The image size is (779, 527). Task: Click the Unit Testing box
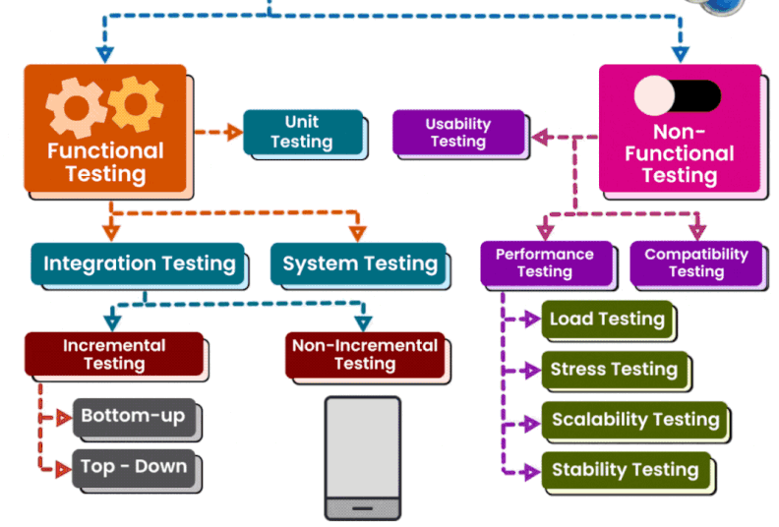click(x=302, y=133)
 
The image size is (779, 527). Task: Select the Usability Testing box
click(x=457, y=133)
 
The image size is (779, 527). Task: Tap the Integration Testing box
click(x=139, y=263)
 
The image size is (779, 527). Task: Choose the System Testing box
click(x=359, y=263)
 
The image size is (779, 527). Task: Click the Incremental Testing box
click(x=114, y=355)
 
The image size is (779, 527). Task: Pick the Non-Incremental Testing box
click(x=364, y=355)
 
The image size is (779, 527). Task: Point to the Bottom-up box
click(x=135, y=417)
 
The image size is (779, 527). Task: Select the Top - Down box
click(x=135, y=467)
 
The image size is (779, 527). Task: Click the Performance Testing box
click(x=544, y=263)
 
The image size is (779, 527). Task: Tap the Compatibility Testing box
click(x=695, y=263)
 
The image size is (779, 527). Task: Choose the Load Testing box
click(x=607, y=319)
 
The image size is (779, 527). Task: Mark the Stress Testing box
click(x=614, y=370)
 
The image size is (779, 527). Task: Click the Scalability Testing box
click(x=635, y=420)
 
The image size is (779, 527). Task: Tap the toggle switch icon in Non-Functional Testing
click(x=677, y=95)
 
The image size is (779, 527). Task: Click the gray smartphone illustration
click(x=363, y=456)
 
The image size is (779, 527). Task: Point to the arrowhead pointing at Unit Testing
click(x=234, y=132)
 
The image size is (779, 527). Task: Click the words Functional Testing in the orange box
click(x=105, y=162)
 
